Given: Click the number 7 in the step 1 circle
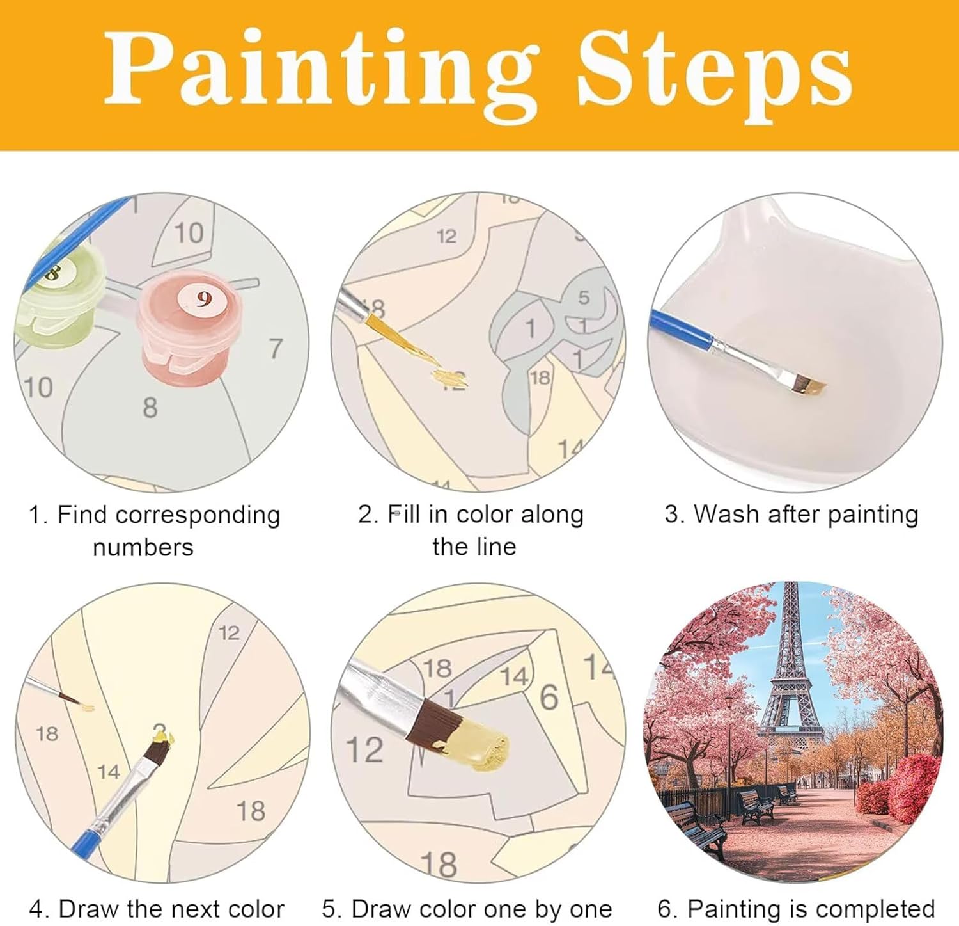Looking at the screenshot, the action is point(276,349).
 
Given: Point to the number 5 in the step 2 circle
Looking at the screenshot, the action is point(584,298).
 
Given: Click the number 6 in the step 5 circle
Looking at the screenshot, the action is point(549,697).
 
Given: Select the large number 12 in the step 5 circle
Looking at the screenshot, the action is point(364,749).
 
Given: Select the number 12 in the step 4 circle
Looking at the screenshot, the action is point(229,633).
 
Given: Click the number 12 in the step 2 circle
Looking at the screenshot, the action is point(446,237).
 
